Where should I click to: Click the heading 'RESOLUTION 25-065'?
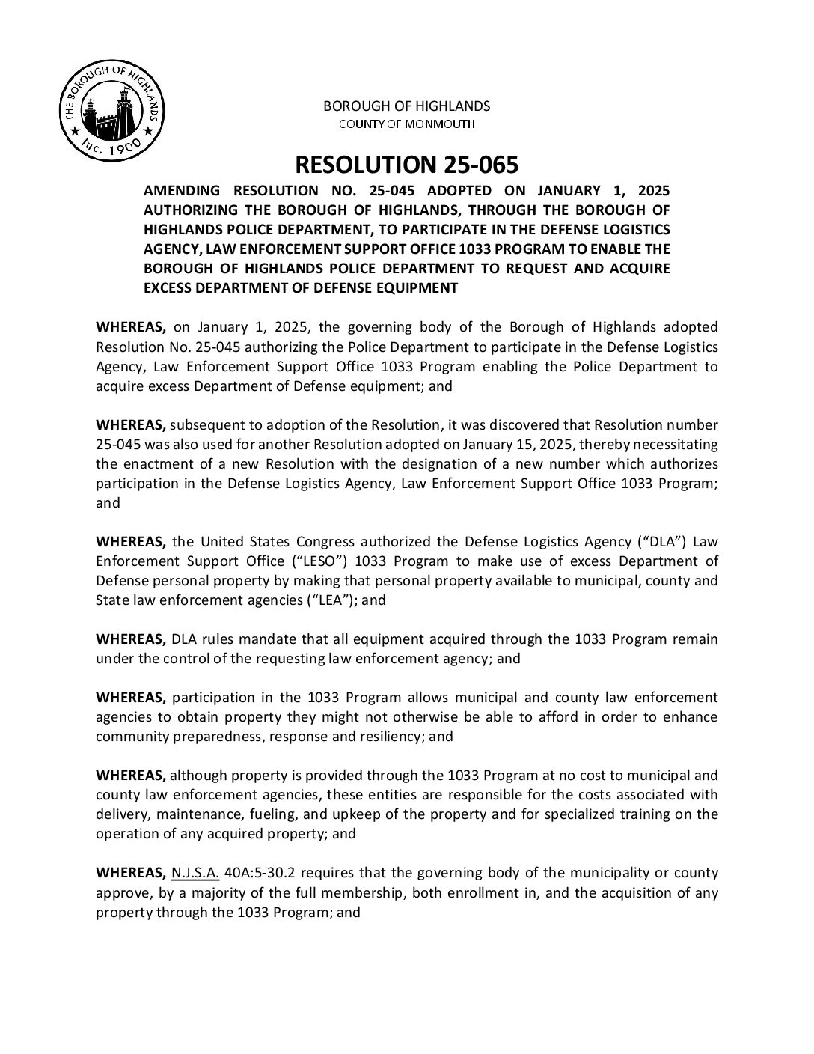(x=406, y=165)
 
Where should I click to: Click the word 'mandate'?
(x=226, y=639)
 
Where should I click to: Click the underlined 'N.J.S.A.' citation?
(x=195, y=873)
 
